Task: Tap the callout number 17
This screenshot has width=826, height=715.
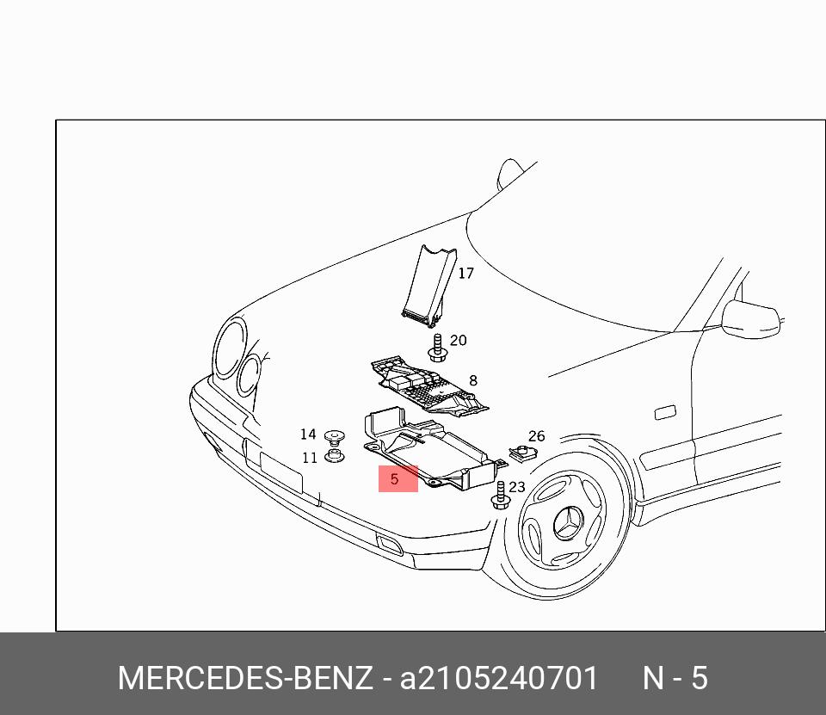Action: (x=465, y=274)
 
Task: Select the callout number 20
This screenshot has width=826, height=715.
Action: (x=458, y=341)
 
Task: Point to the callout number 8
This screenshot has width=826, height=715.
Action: (x=472, y=380)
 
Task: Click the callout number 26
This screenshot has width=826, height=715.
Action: (x=536, y=436)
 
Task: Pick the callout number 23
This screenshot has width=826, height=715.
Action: (x=516, y=487)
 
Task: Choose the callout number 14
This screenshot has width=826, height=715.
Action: (x=308, y=435)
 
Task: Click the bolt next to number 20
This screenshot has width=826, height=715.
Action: (x=439, y=347)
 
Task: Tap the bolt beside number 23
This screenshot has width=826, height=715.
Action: (x=500, y=495)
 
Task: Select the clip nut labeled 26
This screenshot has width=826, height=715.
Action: (x=521, y=451)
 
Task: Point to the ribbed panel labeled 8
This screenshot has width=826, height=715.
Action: (x=426, y=385)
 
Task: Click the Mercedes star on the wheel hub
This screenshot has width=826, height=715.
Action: (x=568, y=522)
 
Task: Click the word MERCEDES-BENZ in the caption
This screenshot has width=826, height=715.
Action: (x=245, y=679)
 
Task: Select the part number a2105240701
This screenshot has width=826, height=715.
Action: (x=499, y=679)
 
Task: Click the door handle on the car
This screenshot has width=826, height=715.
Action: (x=665, y=413)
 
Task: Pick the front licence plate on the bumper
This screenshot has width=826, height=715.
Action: (x=280, y=473)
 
